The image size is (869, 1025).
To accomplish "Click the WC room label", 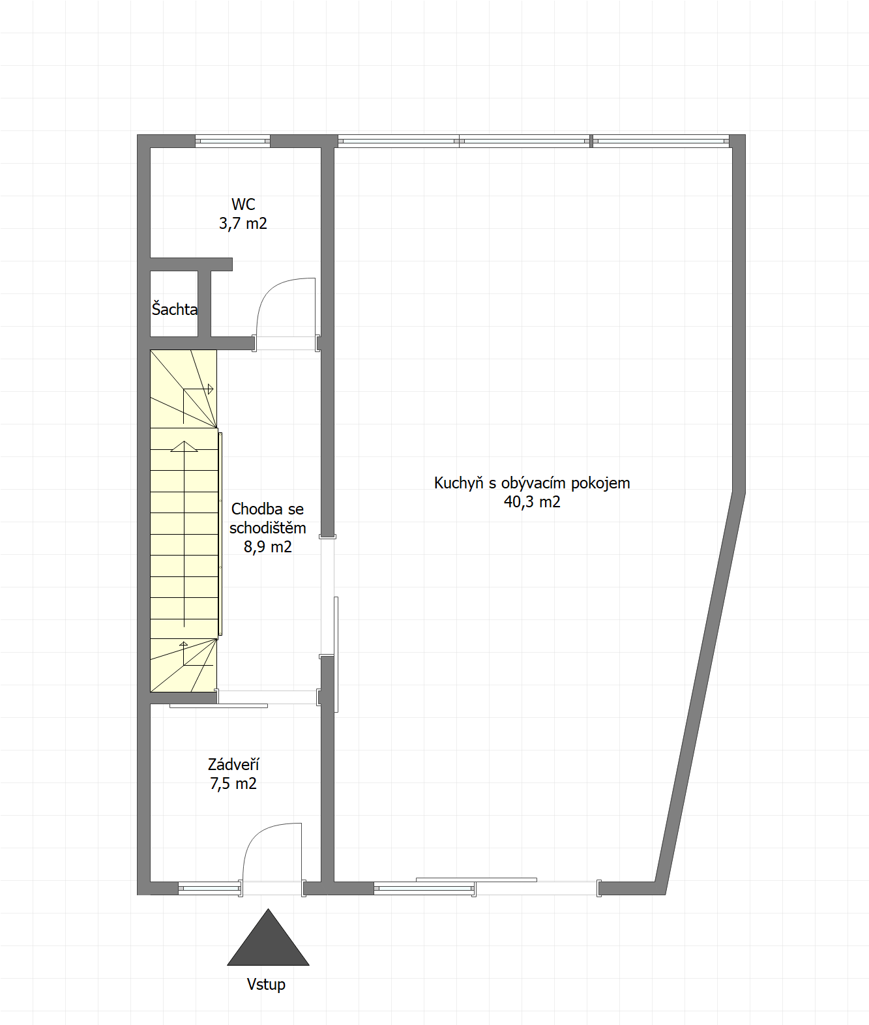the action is [243, 204].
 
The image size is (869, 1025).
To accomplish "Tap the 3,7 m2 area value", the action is [243, 224].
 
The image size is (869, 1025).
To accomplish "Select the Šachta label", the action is [175, 310].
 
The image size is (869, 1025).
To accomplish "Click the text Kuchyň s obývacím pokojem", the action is [532, 483].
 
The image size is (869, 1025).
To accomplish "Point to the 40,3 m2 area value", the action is [532, 502].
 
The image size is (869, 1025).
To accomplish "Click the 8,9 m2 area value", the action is [268, 546].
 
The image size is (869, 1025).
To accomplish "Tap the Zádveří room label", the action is [233, 764].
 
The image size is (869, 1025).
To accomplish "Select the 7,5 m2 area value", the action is [233, 784].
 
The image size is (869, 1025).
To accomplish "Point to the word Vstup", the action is [266, 985].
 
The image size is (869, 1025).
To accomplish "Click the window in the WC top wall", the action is [233, 141].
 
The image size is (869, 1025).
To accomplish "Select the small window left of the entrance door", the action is [210, 888].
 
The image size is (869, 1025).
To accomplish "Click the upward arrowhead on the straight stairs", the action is [184, 446].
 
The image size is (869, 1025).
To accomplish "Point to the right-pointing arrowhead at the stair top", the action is [210, 389].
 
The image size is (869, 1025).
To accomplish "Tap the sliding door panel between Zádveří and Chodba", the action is [218, 706].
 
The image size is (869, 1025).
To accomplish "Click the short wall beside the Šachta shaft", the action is [204, 303].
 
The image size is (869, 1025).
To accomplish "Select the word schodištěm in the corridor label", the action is [268, 528].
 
